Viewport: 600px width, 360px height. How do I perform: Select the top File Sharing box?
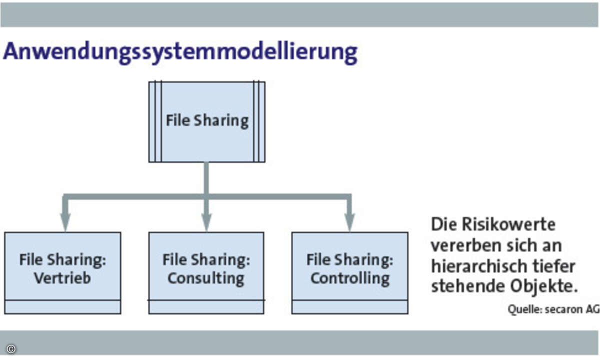pos(207,122)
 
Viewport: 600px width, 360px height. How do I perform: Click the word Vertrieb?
pos(62,278)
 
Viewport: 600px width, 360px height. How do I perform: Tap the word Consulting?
pos(206,278)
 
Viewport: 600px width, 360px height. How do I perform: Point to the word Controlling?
pos(350,278)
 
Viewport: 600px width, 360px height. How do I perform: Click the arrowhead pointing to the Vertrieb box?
pos(65,222)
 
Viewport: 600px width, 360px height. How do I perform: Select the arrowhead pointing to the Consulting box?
pos(206,222)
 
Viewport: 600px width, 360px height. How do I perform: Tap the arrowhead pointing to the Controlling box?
pos(349,222)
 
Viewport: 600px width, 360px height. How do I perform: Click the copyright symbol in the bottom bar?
pos(11,349)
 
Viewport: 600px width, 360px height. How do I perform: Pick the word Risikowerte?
pos(508,224)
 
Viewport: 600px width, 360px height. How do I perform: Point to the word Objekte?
pos(544,286)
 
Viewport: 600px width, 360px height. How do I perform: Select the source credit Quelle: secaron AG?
pos(553,309)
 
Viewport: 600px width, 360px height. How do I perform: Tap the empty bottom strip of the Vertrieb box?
pos(62,307)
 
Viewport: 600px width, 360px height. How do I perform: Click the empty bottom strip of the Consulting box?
pos(206,307)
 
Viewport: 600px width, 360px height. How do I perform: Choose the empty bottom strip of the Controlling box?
pos(350,307)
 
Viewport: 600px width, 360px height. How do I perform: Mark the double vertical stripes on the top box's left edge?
pos(158,122)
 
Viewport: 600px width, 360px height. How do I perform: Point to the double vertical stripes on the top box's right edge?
pos(256,122)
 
